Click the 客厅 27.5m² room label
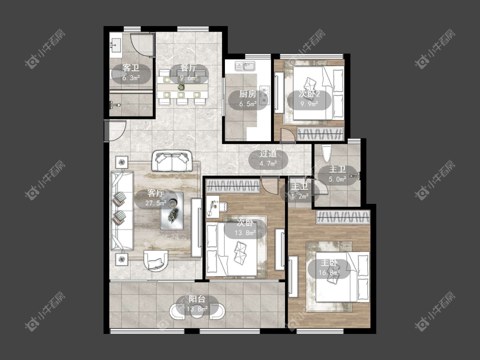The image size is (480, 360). pos(156,198)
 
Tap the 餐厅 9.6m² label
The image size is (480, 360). pos(188,73)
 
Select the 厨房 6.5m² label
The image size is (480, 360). pos(247,99)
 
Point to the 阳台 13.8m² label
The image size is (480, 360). pos(197,304)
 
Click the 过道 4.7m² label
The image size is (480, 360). pos(268,158)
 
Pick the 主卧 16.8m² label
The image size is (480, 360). pos(329,267)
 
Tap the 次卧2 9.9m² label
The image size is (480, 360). pos(309,99)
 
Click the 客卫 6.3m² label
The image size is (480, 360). pos(131,73)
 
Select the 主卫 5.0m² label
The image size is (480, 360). pos(337,174)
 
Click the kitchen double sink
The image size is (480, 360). pos(245,66)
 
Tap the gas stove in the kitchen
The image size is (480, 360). pos(264,95)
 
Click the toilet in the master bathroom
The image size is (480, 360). pos(326,154)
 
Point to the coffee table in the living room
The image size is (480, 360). pos(172,211)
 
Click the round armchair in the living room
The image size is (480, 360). pos(156,261)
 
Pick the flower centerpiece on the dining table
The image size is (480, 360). pos(181,87)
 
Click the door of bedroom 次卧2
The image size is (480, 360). pos(288,136)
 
